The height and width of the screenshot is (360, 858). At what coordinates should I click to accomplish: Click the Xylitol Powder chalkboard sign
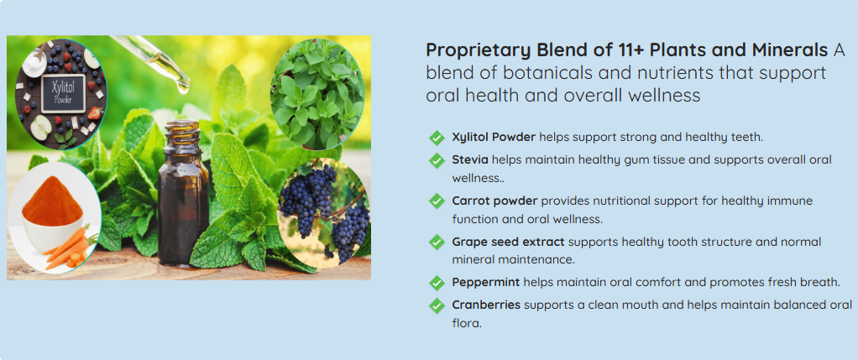click(64, 93)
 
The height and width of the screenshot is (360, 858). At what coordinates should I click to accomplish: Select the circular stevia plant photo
click(317, 95)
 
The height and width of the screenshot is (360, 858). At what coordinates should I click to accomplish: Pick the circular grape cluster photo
click(325, 212)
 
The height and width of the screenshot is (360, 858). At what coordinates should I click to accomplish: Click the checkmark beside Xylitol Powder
click(437, 138)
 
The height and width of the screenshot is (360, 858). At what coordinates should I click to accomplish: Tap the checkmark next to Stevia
click(437, 160)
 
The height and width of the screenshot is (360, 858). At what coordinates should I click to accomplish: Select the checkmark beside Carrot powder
click(437, 201)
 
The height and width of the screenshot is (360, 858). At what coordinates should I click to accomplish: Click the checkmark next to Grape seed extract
click(437, 242)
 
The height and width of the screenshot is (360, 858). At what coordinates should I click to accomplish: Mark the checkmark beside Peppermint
click(437, 283)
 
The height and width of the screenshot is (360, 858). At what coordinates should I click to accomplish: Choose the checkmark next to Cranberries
click(437, 305)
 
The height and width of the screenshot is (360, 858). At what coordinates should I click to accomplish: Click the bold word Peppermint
click(486, 283)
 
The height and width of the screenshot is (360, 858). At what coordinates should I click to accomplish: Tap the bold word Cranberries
click(486, 305)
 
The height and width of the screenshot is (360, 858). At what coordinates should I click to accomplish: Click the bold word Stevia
click(470, 159)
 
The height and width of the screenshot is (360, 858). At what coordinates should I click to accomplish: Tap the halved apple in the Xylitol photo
click(40, 128)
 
